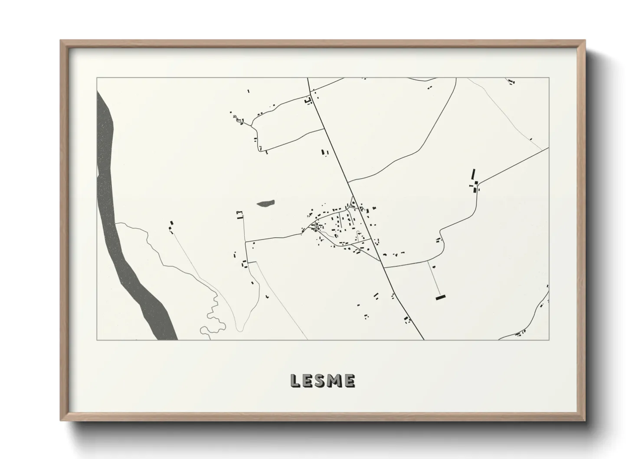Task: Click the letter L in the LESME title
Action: [x=295, y=381]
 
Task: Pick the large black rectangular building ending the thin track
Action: [x=441, y=298]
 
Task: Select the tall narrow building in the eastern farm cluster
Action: [x=473, y=175]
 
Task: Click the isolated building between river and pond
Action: [x=171, y=223]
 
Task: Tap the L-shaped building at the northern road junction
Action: [x=309, y=101]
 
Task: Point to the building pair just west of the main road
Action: [x=324, y=152]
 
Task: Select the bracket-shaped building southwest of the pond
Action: [x=239, y=214]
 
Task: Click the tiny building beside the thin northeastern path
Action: [x=531, y=139]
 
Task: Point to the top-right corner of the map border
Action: [x=549, y=78]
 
